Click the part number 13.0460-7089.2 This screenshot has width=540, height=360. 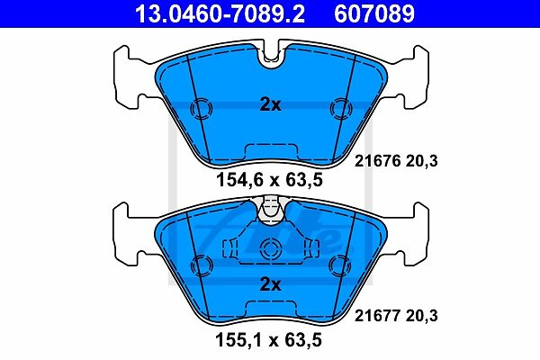[220, 13]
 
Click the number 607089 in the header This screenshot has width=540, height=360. [374, 13]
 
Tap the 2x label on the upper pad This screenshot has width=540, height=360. [270, 104]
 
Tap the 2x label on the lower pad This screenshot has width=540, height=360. [270, 284]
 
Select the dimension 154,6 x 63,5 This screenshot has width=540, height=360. [270, 180]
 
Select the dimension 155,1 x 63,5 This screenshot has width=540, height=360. [268, 339]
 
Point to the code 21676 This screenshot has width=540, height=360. [378, 161]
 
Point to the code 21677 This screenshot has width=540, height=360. [378, 316]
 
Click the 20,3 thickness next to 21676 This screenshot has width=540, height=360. [422, 161]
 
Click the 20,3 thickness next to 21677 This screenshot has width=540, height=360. [422, 316]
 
